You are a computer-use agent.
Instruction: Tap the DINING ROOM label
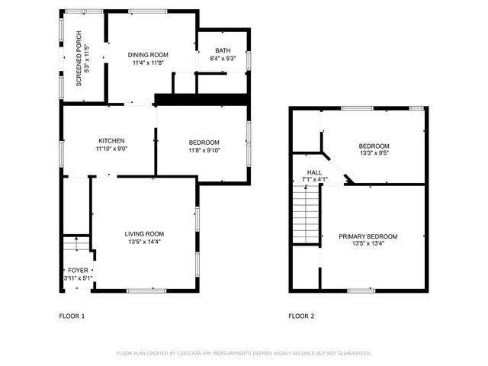[x=148, y=55]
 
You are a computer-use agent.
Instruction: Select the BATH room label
[x=223, y=50]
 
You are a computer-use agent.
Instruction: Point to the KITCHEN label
[x=111, y=141]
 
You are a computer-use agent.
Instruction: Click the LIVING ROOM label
[x=144, y=233]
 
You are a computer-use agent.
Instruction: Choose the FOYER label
[x=79, y=271]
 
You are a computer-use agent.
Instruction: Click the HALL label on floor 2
[x=315, y=173]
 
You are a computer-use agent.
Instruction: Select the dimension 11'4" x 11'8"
[x=148, y=63]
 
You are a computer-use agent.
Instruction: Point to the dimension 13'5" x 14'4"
[x=144, y=242]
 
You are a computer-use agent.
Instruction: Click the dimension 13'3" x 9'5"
[x=374, y=154]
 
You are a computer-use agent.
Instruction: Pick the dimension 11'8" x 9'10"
[x=204, y=150]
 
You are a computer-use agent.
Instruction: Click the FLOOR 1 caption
[x=72, y=316]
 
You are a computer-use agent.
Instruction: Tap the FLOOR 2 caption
[x=301, y=316]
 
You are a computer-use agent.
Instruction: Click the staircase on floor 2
[x=306, y=217]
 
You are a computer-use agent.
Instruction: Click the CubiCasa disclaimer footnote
[x=243, y=354]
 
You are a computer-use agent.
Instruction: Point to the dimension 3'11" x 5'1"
[x=79, y=278]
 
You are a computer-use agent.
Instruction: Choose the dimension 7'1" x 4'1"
[x=315, y=181]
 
